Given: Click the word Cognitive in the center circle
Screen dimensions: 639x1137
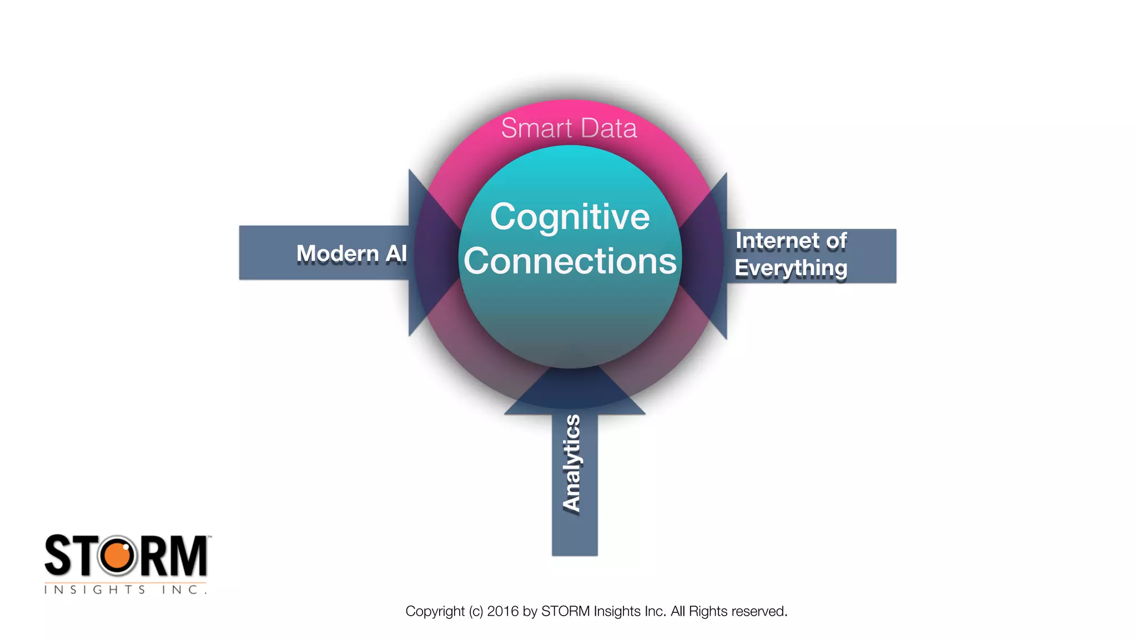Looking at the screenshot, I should (570, 217).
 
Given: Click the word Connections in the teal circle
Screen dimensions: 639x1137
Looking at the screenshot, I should (570, 261).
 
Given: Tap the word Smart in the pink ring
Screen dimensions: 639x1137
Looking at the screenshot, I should (536, 128).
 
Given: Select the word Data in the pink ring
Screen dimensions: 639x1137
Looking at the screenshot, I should (609, 128).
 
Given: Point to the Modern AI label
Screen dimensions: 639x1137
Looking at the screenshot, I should (351, 253).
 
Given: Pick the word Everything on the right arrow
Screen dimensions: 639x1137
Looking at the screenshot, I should (791, 268).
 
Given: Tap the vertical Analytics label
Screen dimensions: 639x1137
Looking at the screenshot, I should (572, 463).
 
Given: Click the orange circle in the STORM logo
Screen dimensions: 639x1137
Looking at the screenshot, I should (117, 556).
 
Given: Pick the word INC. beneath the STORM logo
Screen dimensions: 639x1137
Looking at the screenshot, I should (184, 590).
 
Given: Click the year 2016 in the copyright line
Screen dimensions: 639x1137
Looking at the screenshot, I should (502, 611).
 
